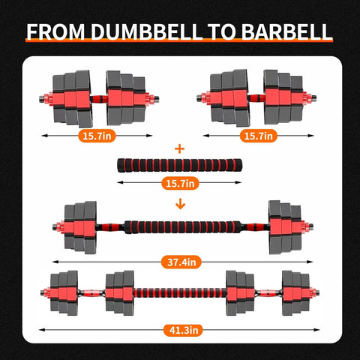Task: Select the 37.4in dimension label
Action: (x=180, y=262)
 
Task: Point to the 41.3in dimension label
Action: (x=180, y=328)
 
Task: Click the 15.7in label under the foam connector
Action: (x=180, y=183)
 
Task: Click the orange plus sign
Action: (x=179, y=148)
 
